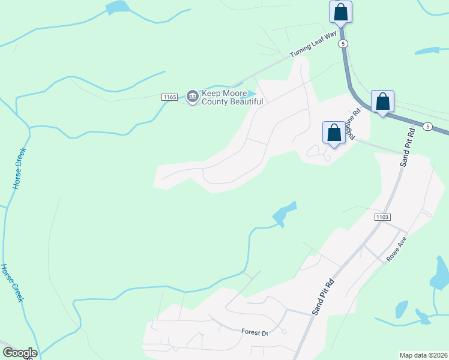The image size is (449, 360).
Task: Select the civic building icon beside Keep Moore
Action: click(x=193, y=95)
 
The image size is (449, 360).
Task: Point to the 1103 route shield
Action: click(x=382, y=216)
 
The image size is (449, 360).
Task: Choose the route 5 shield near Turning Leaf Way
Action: click(x=342, y=44)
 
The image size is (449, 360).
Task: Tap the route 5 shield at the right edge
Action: click(x=427, y=126)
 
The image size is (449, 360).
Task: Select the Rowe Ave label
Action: click(x=397, y=248)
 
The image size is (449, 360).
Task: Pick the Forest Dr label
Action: click(x=254, y=332)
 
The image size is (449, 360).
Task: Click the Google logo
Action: click(x=19, y=353)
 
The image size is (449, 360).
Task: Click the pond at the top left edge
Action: click(x=118, y=7)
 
